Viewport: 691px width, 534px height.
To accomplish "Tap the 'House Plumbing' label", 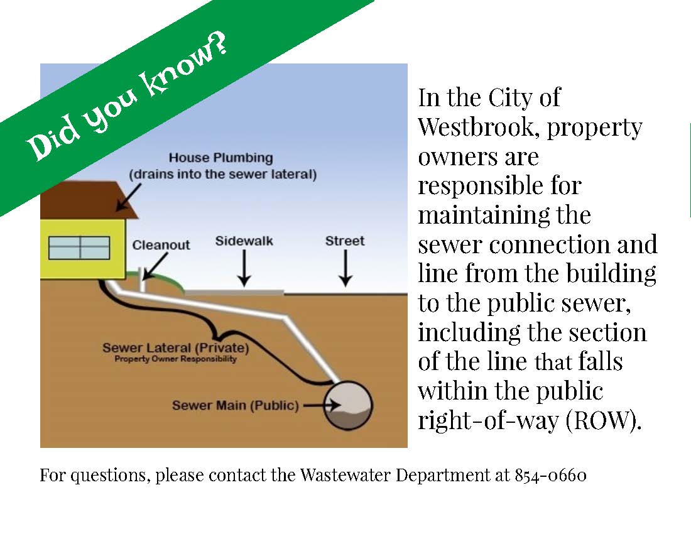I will coord(220,158).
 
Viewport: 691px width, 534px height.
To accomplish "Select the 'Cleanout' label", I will coord(161,244).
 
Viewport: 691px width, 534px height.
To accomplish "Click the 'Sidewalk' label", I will coord(244,241).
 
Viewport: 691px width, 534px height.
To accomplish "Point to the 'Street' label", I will coord(345,241).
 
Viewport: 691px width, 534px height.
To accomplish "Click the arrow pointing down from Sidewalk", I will coord(244,270).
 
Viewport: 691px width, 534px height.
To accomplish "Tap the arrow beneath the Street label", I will coord(345,270).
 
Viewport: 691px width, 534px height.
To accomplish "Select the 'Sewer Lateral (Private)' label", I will coord(176,347).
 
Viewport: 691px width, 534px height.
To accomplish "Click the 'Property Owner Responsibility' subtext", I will coord(175,359).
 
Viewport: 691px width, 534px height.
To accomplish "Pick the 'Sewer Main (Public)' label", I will coord(236,405).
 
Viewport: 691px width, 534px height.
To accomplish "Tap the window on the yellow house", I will coord(79,248).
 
